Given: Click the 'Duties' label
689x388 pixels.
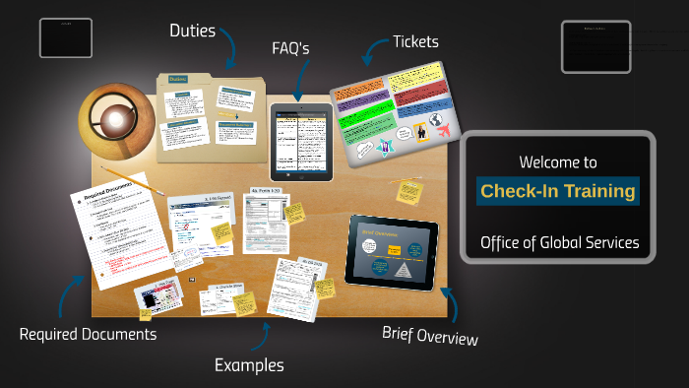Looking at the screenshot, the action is point(192,31).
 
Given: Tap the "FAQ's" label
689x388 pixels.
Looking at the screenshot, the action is point(294,48).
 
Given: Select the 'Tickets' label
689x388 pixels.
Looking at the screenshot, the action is point(415,41).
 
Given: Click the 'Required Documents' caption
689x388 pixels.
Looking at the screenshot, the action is point(88,334).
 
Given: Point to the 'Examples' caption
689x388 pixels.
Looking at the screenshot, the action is point(249,365).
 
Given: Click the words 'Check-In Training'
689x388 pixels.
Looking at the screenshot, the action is point(558,191).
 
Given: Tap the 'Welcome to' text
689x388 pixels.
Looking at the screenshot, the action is point(558,162).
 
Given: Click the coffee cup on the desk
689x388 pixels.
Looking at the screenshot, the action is point(115,120).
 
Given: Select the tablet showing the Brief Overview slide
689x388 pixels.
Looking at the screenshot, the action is point(391,253).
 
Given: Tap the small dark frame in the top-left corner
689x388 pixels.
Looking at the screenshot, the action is point(66,37).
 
